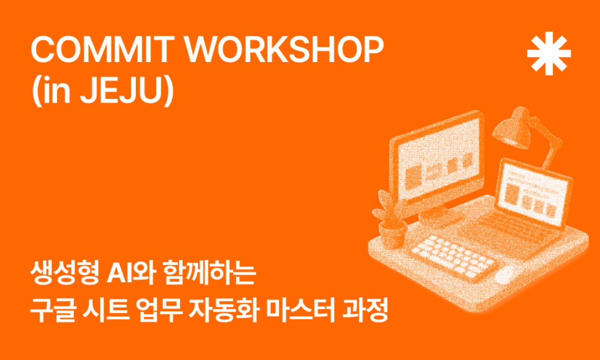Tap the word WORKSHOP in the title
(x=283, y=51)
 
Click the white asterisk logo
(x=549, y=54)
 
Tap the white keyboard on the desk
(x=452, y=255)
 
